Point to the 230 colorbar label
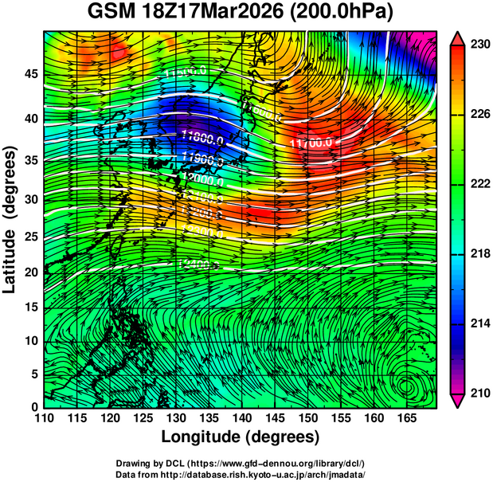479,45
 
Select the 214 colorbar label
479,323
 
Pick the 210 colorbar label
479,393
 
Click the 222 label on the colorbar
479,184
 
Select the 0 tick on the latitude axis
33,406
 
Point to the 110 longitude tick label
44,417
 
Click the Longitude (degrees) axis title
240,437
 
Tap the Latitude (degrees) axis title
10,219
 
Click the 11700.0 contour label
313,143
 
